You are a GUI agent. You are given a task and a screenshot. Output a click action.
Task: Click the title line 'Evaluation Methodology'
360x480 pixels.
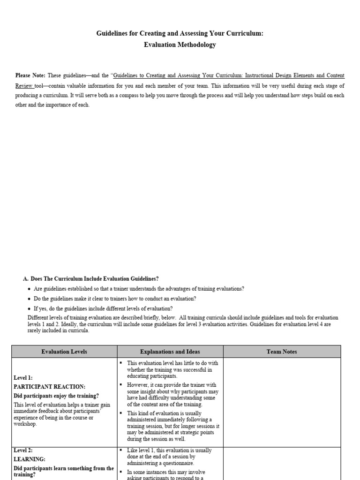[x=180, y=45]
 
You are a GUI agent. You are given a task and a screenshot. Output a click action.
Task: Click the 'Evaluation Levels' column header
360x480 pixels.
[x=64, y=352]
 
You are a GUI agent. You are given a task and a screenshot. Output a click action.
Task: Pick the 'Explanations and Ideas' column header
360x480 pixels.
[x=170, y=352]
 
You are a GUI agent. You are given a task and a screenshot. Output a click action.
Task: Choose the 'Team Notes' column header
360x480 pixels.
[x=282, y=352]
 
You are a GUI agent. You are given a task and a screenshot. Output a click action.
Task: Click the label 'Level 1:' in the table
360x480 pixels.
[x=23, y=377]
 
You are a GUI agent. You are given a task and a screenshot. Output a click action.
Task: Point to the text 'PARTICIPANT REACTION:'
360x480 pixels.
[x=50, y=387]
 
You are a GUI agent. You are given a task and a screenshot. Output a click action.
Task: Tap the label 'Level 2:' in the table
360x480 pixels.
[x=23, y=450]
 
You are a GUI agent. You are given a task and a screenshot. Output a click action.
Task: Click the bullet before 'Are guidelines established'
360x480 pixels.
[x=30, y=289]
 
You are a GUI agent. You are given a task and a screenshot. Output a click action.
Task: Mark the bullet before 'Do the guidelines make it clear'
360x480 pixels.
[x=30, y=299]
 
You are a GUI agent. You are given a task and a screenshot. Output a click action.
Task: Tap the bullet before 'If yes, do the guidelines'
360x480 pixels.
[x=30, y=309]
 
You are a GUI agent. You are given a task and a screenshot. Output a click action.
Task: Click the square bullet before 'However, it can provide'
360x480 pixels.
[x=120, y=385]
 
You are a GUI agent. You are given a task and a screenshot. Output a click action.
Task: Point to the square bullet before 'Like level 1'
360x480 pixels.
[x=120, y=450]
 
